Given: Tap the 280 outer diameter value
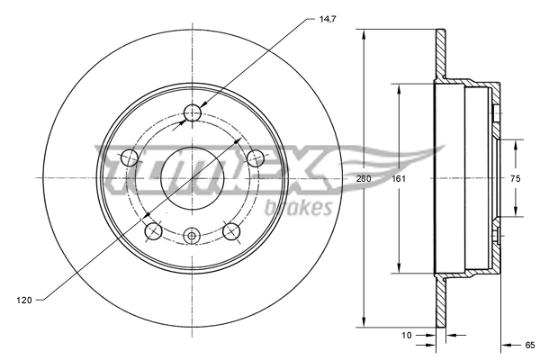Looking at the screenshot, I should tap(364, 178).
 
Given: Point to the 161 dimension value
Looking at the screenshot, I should tap(399, 178).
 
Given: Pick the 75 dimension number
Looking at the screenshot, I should tap(515, 178).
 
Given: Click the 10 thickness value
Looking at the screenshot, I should tap(407, 335).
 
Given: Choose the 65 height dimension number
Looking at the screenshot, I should tap(530, 344).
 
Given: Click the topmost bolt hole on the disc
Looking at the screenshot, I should tap(192, 112).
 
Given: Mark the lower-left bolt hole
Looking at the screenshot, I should tap(153, 232).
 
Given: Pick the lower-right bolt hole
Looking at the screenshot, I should tap(230, 232).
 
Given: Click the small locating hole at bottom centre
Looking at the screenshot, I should tap(191, 236).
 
